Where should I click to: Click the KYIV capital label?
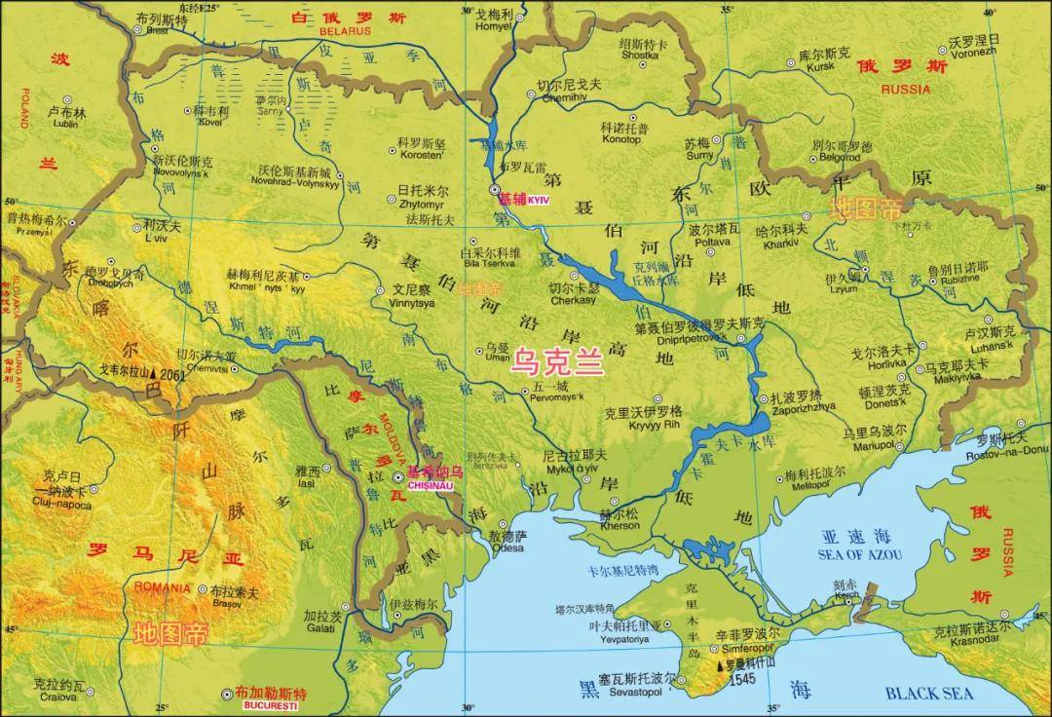(538, 200)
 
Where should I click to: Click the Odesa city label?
(507, 548)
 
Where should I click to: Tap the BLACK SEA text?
(928, 693)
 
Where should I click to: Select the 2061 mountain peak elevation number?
(171, 374)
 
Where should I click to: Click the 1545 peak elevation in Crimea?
(743, 678)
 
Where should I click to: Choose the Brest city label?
(156, 30)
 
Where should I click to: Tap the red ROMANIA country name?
(163, 587)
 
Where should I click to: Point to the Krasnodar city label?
(973, 643)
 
